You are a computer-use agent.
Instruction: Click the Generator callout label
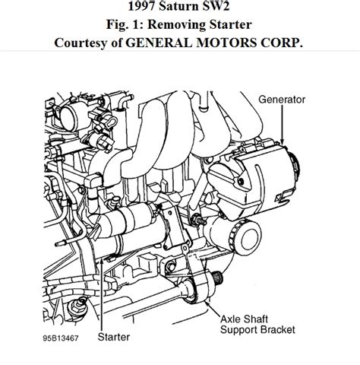[282, 100]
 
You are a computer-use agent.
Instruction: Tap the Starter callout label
[114, 337]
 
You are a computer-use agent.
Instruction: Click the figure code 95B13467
[61, 338]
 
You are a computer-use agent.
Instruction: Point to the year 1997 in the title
[141, 6]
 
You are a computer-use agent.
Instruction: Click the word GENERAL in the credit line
[159, 43]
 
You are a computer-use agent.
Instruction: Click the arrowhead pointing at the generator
[282, 142]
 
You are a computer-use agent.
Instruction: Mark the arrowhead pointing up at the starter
[101, 261]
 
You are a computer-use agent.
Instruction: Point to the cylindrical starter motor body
[131, 223]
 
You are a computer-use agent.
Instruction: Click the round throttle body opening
[69, 117]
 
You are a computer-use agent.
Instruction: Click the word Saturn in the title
[180, 6]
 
